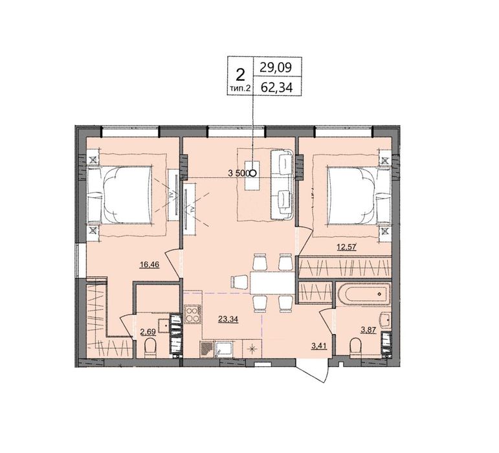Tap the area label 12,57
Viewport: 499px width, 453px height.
[346, 246]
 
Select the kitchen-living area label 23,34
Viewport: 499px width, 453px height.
[228, 319]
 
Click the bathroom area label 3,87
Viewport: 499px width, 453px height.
[368, 330]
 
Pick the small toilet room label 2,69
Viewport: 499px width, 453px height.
[148, 333]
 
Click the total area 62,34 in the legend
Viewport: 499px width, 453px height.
[276, 87]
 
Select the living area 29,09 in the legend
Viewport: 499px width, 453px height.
[276, 67]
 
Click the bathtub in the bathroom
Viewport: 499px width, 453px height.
[364, 294]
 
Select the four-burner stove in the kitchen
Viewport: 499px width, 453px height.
[192, 314]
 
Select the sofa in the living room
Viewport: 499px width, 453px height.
[282, 184]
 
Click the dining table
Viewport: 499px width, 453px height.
[272, 283]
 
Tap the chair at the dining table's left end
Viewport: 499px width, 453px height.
[239, 282]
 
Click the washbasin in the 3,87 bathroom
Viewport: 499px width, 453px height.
[385, 320]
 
